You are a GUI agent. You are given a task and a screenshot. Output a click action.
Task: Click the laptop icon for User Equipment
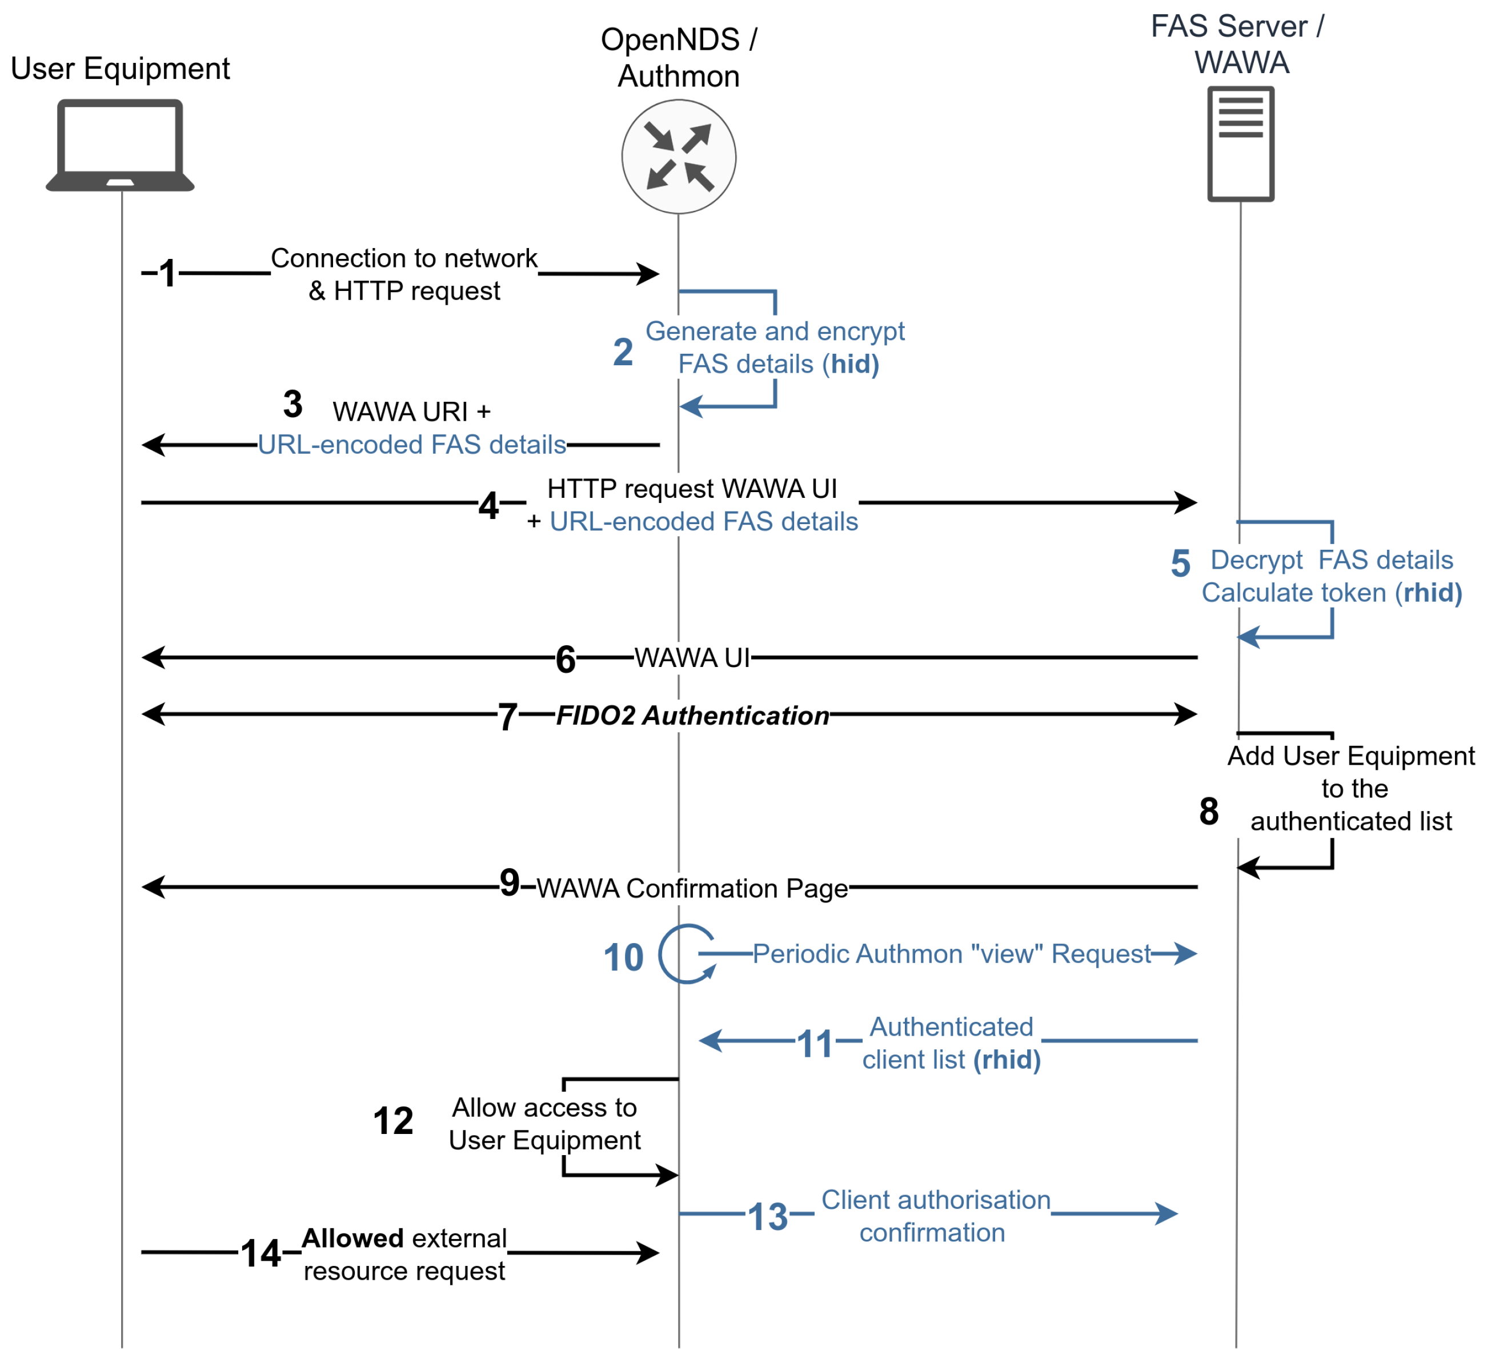(120, 145)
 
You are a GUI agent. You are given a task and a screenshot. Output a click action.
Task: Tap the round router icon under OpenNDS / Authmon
(679, 157)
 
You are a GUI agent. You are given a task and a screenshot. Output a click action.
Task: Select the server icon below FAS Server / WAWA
(1241, 144)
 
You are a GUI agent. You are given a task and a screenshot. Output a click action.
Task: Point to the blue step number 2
(623, 352)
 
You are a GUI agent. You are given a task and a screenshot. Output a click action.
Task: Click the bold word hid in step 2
(850, 364)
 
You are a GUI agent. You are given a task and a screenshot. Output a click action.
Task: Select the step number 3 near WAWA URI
(293, 405)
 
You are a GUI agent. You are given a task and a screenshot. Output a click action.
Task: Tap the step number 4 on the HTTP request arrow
(488, 506)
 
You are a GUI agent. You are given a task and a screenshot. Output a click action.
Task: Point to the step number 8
(1209, 811)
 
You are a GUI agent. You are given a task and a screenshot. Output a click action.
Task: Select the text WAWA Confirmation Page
(692, 888)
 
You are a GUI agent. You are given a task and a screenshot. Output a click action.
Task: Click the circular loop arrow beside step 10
(686, 953)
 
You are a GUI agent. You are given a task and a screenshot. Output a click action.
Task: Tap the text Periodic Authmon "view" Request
(951, 953)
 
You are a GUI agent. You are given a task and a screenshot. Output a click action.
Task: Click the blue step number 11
(815, 1044)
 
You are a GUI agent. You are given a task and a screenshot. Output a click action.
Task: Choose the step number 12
(393, 1120)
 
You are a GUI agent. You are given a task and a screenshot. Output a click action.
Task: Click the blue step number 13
(768, 1217)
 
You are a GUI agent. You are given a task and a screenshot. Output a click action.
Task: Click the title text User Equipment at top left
(120, 68)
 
